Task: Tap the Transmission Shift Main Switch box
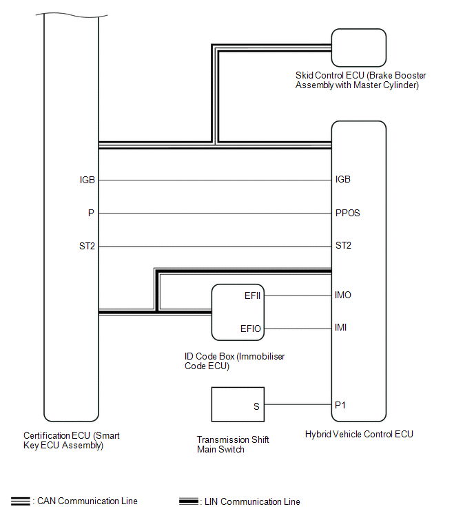point(238,404)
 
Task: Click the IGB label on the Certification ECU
point(87,180)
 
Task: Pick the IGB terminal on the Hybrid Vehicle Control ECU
point(342,180)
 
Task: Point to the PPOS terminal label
point(347,213)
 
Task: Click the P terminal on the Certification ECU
point(91,214)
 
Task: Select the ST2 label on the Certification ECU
point(87,245)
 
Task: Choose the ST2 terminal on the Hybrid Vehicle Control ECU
point(343,245)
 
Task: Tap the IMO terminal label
point(343,295)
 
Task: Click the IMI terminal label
point(341,327)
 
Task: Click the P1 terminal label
point(340,405)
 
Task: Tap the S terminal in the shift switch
point(256,406)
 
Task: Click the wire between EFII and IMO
point(298,295)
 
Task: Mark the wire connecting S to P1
point(298,405)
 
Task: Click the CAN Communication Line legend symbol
point(20,501)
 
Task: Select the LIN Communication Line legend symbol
point(187,501)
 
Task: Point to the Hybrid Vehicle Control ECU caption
point(359,435)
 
